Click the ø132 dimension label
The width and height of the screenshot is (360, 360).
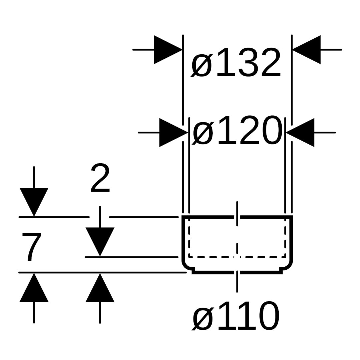(236, 63)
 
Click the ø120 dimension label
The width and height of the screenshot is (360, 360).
(236, 130)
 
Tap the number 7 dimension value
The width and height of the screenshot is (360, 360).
(32, 247)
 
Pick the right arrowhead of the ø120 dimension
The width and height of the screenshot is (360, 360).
(300, 132)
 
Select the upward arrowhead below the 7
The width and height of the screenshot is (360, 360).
(34, 287)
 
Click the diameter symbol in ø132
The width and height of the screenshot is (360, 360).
(201, 63)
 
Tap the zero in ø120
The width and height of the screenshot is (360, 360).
(269, 130)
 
